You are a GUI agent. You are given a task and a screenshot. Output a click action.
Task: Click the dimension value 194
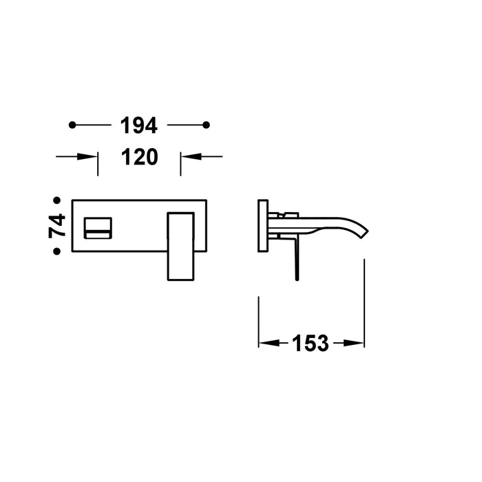(139, 125)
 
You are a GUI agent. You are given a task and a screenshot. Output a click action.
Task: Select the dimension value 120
(139, 157)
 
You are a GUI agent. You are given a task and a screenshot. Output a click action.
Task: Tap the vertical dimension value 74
(57, 225)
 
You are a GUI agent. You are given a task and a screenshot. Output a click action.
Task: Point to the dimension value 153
(311, 343)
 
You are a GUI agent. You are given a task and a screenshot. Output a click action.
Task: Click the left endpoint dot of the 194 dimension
(72, 125)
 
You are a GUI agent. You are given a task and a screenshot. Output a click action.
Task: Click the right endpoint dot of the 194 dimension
(206, 125)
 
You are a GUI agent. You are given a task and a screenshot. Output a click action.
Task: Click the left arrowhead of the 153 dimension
(266, 343)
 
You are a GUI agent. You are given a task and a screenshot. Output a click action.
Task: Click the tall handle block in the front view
(182, 246)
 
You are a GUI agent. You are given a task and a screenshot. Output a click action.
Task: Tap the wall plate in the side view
(262, 225)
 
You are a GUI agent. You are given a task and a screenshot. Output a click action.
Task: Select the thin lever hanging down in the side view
(297, 258)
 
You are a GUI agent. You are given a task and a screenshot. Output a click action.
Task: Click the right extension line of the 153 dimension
(364, 303)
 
